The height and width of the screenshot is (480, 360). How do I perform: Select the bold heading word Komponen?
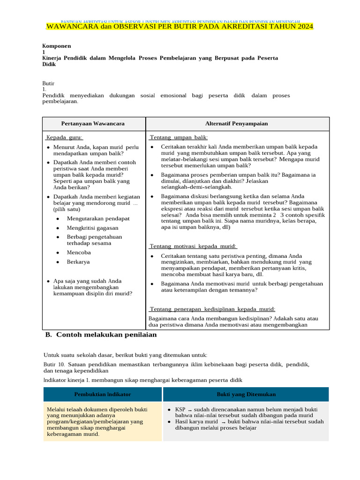pos(57,46)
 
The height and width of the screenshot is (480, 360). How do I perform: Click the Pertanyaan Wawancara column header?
pos(94,123)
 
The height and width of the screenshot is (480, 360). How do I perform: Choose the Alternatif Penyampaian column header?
pos(237,123)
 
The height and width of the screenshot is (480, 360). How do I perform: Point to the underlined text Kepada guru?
pos(65,137)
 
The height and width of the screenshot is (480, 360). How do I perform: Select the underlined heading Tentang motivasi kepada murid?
pos(194,246)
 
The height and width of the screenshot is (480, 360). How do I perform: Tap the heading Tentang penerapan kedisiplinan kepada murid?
pos(212,309)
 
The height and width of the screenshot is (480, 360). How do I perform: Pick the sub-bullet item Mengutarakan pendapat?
pos(98,218)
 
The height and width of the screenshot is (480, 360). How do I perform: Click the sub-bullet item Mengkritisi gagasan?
pos(92,227)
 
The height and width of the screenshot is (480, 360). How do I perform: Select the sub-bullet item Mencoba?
pos(78,252)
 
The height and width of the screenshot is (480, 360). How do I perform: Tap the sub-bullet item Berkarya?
pos(78,262)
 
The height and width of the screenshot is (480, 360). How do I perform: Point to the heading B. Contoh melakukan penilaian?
pos(101,335)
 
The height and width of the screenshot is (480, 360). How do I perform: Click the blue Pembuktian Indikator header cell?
pos(102,394)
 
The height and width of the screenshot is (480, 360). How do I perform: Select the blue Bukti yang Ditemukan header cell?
pos(246,394)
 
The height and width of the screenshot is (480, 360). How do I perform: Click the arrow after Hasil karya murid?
pos(223,422)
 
